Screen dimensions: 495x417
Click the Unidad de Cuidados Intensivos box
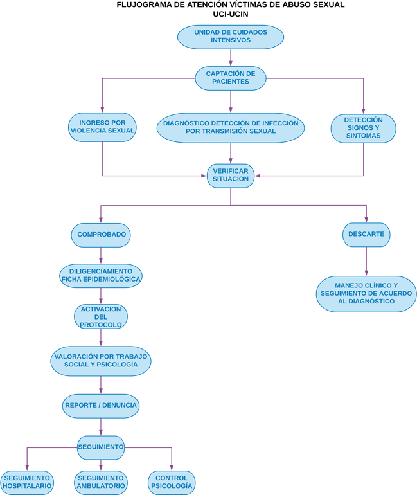pos(231,37)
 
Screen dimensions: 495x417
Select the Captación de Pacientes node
pos(231,78)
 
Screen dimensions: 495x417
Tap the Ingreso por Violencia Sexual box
pos(102,127)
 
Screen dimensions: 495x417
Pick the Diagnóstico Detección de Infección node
pos(231,127)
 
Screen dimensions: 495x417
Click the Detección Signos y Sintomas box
pos(363,127)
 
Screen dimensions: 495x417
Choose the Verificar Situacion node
pos(231,175)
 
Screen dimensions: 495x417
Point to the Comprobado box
pos(101,235)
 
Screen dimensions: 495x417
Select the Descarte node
pos(366,235)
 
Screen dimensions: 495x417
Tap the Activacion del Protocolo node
pos(100,317)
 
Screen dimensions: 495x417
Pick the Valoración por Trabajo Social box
pos(101,361)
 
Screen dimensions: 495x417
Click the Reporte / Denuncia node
pos(101,406)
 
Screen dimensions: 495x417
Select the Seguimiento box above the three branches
pos(100,447)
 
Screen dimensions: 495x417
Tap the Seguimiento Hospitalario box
pos(27,482)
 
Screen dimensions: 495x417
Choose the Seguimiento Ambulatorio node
pos(101,482)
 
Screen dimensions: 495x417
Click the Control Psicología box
pos(172,482)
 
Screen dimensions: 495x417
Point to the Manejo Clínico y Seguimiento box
pos(366,294)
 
